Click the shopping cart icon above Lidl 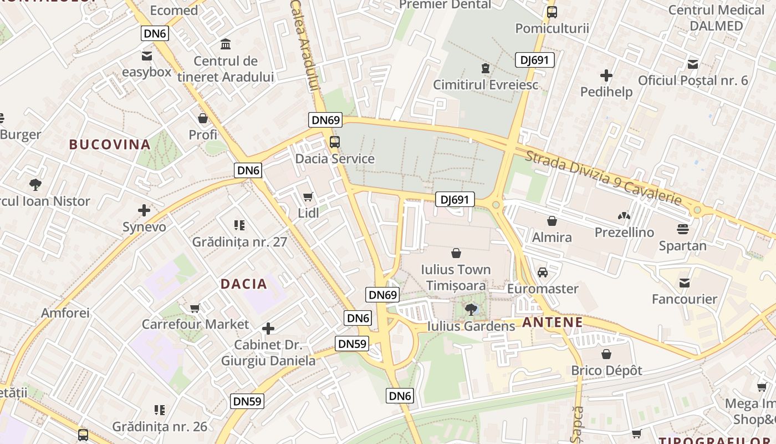point(308,196)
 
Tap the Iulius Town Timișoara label point(456,277)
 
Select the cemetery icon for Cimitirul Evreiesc point(486,68)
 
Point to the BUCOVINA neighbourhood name point(110,145)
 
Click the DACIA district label point(244,284)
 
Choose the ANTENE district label point(552,322)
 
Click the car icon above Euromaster point(543,273)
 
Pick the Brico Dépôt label point(607,370)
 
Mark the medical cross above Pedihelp point(606,75)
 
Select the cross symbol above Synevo point(144,210)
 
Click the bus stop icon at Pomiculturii point(552,12)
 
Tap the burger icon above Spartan point(683,229)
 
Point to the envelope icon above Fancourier point(685,283)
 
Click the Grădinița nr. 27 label point(239,242)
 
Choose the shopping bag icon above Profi point(203,118)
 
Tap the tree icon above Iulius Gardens point(471,309)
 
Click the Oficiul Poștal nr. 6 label point(693,80)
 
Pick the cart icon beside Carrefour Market point(195,308)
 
